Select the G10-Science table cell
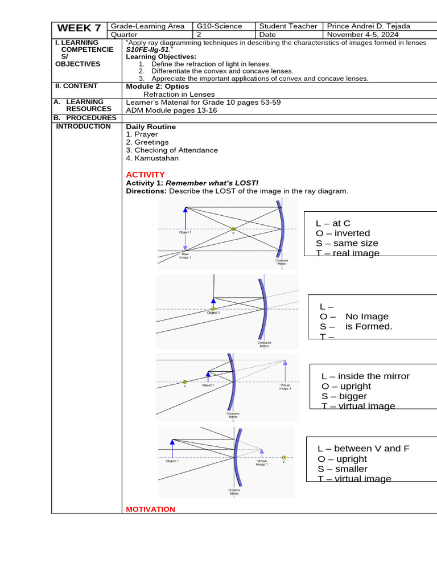[219, 26]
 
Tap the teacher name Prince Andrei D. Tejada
[368, 26]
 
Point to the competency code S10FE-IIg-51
[147, 50]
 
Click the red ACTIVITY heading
[145, 174]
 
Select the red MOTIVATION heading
[150, 509]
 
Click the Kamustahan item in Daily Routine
[152, 158]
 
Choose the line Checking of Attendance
[172, 150]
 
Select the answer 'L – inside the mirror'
[365, 376]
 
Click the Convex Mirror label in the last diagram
[234, 491]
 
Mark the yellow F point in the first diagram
[233, 229]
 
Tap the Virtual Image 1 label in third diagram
[285, 387]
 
